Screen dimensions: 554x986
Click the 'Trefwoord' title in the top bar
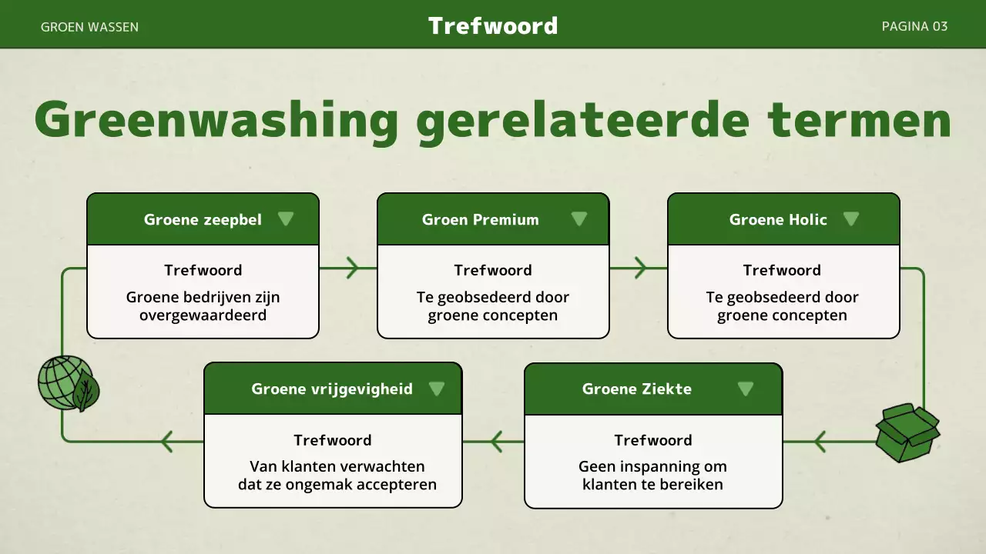coord(493,25)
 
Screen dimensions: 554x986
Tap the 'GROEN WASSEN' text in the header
coord(89,27)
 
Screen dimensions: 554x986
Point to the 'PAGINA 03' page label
coord(914,26)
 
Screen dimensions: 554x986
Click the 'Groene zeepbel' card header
coord(203,220)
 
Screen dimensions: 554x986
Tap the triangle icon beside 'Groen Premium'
coord(579,219)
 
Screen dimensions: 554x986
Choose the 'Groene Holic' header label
coord(778,220)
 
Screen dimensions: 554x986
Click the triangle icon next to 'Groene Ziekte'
coord(745,389)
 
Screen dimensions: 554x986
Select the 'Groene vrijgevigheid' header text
coord(332,389)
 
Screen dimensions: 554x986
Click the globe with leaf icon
coord(69,383)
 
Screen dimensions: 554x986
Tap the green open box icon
coord(907,433)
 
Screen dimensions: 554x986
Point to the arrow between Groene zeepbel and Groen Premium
coord(352,268)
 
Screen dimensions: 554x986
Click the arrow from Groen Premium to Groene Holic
coord(640,268)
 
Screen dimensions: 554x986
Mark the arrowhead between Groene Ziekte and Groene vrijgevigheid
coord(495,442)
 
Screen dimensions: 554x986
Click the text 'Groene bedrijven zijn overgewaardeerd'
coord(203,306)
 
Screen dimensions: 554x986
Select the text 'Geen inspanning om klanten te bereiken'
coord(652,476)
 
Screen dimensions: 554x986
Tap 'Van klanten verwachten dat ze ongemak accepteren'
coord(337,476)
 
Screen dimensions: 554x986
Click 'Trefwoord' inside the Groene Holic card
coord(782,270)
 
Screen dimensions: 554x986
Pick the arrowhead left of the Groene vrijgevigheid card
coord(166,442)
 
